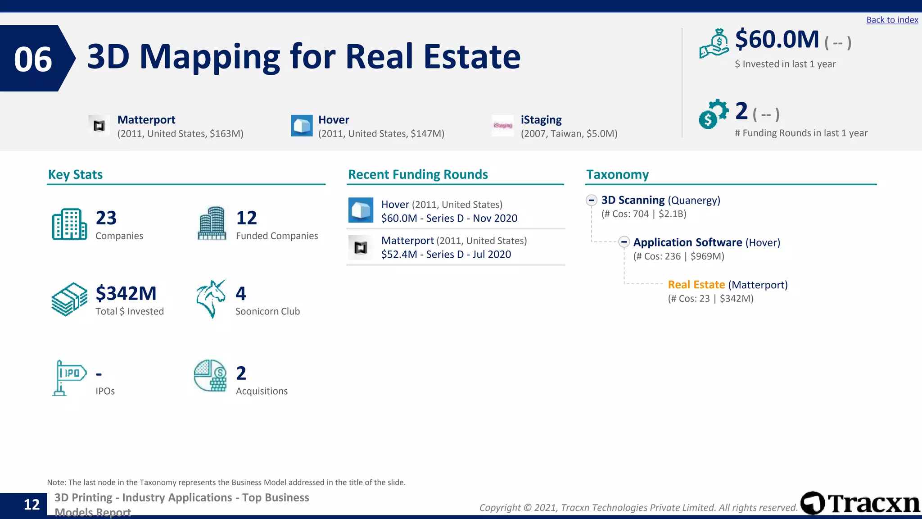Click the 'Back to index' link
[892, 20]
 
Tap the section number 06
[33, 59]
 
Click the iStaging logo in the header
[502, 126]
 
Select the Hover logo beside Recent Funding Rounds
[361, 210]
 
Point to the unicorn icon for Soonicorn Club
[211, 299]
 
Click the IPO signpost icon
[68, 378]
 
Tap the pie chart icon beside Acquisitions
[210, 376]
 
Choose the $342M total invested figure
[126, 293]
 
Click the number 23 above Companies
[106, 218]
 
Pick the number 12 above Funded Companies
[247, 218]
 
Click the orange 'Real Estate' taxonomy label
[696, 285]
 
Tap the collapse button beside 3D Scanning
[592, 200]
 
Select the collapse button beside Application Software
[624, 242]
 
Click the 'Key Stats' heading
[75, 174]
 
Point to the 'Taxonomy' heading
[617, 174]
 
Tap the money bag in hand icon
[714, 44]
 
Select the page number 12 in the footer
[32, 505]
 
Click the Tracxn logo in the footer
[860, 503]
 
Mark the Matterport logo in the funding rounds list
[361, 247]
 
